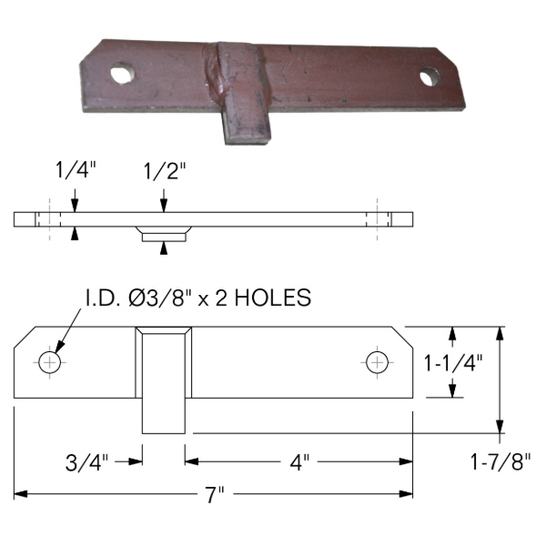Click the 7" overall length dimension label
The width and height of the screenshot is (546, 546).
click(x=214, y=494)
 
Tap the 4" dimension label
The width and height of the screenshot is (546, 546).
click(x=299, y=462)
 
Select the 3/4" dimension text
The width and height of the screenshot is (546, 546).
click(x=87, y=462)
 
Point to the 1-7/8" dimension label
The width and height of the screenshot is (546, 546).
click(x=500, y=461)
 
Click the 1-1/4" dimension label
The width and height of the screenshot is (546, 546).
click(x=453, y=363)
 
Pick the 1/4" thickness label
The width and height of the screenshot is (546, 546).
click(x=76, y=170)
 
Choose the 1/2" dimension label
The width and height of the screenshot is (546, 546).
click(x=165, y=171)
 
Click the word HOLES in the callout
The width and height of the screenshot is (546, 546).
click(x=273, y=298)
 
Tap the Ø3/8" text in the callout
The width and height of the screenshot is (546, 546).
click(x=160, y=298)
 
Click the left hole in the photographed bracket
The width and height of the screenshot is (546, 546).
click(x=123, y=73)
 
